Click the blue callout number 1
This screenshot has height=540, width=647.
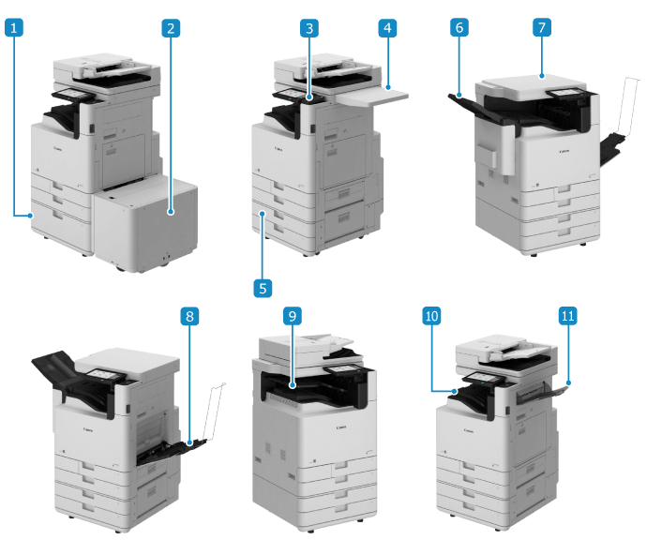14,28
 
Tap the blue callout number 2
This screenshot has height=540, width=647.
171,28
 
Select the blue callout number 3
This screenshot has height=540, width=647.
309,28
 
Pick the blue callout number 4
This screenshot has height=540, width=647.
387,28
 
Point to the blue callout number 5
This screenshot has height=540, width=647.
263,288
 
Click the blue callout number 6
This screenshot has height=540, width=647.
459,27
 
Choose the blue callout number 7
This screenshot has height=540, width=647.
542,27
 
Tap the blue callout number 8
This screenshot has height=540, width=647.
189,316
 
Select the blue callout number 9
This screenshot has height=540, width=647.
293,316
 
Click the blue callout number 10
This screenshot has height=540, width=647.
431,316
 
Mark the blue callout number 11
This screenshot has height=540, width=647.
568,316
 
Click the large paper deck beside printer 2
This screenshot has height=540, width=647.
145,223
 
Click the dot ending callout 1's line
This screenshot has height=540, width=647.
31,216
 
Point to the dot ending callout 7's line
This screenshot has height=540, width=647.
542,76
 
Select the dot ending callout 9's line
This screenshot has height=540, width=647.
293,385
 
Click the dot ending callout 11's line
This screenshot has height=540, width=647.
568,382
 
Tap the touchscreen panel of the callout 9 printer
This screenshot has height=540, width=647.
341,369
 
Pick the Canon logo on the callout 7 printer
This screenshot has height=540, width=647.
564,151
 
